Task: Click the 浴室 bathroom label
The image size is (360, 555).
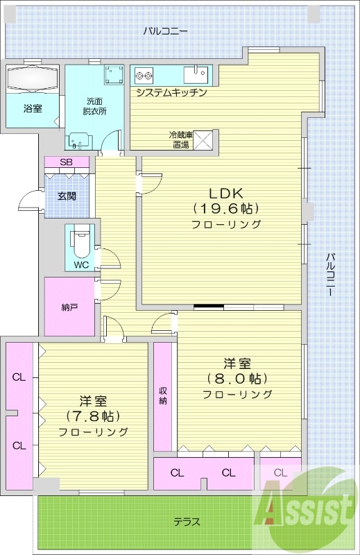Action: point(33,108)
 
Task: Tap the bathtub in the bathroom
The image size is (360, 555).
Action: point(33,78)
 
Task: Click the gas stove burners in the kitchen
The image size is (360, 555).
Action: point(144,74)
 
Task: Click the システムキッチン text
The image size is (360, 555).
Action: point(171,92)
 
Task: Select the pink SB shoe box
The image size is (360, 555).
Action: point(67,162)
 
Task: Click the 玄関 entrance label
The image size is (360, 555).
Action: point(67,196)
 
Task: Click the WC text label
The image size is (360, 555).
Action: point(80,264)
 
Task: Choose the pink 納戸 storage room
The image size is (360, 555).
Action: point(69,305)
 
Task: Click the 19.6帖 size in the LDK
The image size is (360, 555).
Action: point(226,208)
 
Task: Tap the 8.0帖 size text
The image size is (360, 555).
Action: point(237,379)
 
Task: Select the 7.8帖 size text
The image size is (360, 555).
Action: point(93,416)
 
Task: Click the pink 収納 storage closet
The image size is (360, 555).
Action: point(163,396)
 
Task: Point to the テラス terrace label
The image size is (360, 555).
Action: point(187,521)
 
